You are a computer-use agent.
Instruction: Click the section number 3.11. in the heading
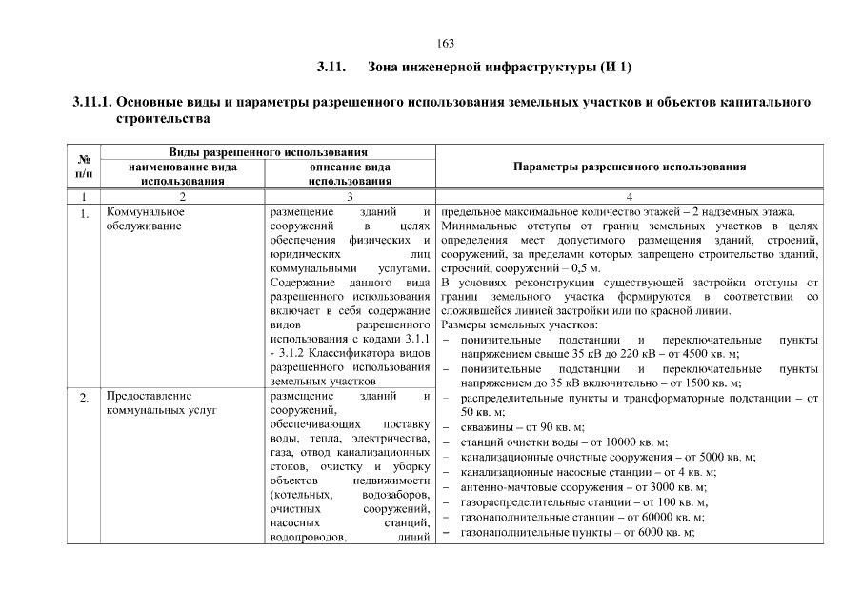pyautogui.click(x=330, y=68)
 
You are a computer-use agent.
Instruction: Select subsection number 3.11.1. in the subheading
pyautogui.click(x=93, y=102)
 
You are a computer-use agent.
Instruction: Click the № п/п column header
pyautogui.click(x=84, y=167)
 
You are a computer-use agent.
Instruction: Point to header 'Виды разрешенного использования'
pyautogui.click(x=269, y=152)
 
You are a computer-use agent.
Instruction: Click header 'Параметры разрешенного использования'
pyautogui.click(x=629, y=167)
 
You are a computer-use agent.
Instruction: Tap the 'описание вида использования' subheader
pyautogui.click(x=350, y=173)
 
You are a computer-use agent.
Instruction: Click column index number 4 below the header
pyautogui.click(x=629, y=195)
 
